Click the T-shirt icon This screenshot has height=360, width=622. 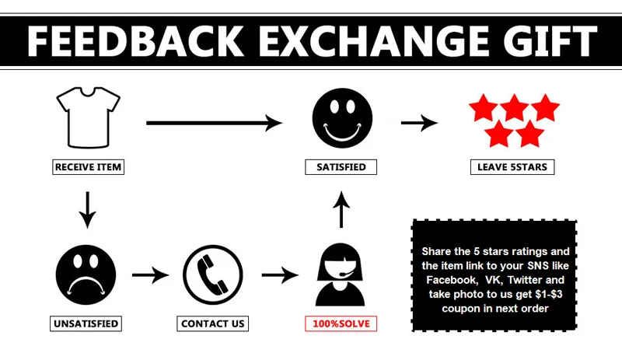(x=89, y=117)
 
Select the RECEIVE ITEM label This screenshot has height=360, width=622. (x=89, y=167)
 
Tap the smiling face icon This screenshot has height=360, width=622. (x=337, y=117)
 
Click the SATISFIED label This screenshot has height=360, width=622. (x=341, y=167)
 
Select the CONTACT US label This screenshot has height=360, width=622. (x=212, y=323)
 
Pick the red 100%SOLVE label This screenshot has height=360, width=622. (x=340, y=323)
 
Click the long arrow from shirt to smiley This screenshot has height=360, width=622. (x=213, y=122)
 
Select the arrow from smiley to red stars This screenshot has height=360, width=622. (x=418, y=122)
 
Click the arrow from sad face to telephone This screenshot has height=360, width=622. (x=150, y=274)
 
